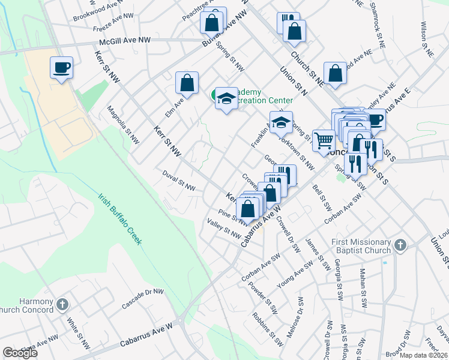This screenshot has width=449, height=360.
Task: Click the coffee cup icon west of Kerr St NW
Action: (61, 67)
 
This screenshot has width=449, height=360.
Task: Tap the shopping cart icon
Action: (324, 140)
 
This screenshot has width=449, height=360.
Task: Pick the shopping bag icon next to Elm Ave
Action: (187, 85)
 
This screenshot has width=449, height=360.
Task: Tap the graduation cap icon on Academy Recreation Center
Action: (226, 99)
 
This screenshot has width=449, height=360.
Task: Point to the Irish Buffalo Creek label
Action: (120, 220)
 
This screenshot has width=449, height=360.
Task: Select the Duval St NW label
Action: (179, 181)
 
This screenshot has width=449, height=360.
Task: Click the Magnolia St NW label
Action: (123, 125)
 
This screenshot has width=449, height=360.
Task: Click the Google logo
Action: (20, 353)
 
